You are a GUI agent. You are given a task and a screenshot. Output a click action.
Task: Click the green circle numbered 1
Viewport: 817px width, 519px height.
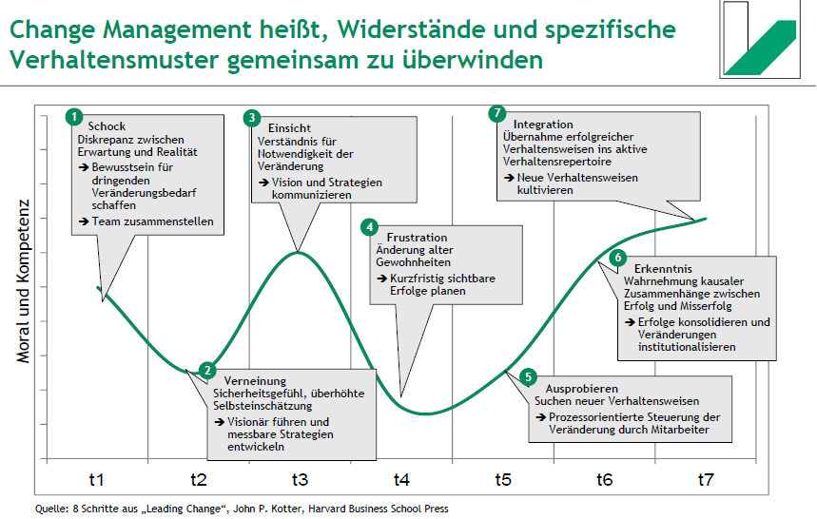74,116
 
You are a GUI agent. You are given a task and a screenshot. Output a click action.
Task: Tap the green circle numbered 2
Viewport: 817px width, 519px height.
208,372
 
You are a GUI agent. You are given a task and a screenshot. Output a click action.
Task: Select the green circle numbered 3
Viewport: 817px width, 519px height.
251,118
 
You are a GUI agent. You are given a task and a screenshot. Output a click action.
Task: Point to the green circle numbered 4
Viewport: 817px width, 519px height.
369,227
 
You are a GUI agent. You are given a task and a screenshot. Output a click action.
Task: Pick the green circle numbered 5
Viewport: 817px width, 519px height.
529,377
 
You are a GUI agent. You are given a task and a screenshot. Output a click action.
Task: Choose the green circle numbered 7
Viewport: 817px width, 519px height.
496,113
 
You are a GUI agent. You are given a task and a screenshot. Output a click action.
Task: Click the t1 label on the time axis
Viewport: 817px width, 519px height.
96,480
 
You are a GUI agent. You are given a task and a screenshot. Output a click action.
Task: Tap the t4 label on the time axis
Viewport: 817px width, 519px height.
401,480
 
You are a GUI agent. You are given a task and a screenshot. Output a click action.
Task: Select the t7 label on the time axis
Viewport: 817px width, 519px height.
706,480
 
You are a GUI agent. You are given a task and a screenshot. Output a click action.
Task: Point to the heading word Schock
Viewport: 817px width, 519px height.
107,126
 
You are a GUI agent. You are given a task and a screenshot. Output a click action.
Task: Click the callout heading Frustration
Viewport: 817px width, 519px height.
417,237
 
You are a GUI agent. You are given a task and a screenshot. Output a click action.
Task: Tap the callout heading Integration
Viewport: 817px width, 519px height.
543,125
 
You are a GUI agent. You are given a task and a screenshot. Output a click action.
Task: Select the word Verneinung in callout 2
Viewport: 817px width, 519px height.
255,381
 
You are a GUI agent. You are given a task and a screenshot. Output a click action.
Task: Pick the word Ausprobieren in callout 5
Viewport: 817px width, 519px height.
582,389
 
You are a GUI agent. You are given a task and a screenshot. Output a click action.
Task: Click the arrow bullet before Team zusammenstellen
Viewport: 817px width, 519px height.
84,222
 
